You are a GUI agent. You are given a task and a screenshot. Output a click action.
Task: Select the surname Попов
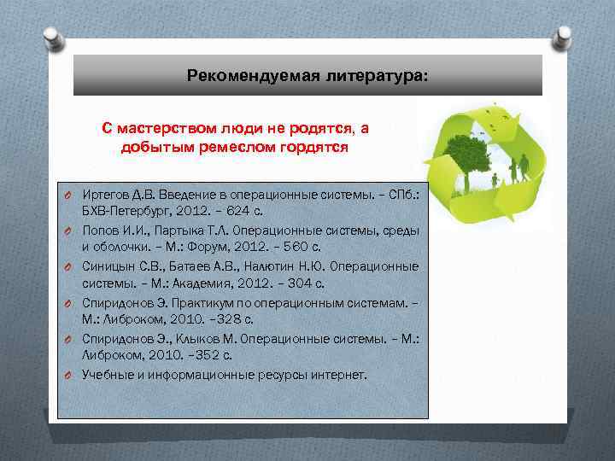click(x=99, y=230)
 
